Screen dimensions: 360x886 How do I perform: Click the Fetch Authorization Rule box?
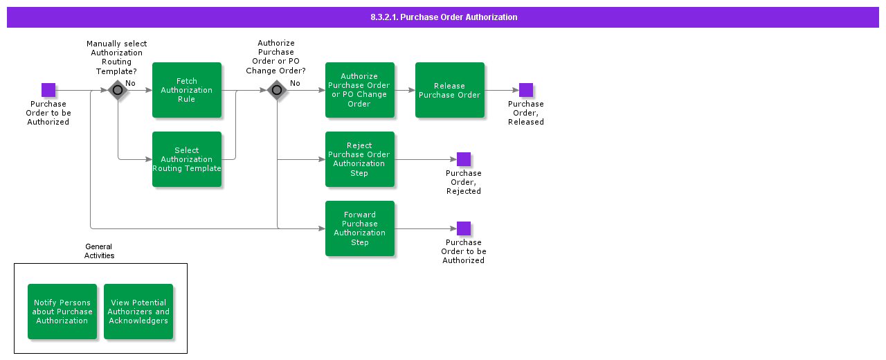point(187,90)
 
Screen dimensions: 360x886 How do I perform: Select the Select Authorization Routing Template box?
point(187,159)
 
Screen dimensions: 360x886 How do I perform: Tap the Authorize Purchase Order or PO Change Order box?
point(360,90)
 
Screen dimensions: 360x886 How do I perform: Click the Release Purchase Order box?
point(450,90)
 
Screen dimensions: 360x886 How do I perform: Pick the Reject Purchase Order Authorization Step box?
point(360,159)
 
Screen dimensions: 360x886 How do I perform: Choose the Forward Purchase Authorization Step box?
point(360,228)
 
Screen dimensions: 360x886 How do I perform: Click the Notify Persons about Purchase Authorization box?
point(62,312)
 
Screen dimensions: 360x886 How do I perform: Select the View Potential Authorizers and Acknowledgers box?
point(138,312)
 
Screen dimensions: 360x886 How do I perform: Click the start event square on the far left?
point(48,90)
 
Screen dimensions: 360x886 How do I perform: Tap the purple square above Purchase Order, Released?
point(526,90)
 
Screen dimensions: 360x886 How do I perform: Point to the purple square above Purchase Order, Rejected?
point(464,159)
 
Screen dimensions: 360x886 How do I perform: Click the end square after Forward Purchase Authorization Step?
point(464,228)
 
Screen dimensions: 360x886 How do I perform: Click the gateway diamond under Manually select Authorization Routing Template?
point(118,90)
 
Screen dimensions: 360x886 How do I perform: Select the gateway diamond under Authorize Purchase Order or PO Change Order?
point(277,90)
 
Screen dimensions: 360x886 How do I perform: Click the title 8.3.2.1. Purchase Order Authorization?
point(443,17)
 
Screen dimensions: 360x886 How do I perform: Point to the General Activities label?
point(99,251)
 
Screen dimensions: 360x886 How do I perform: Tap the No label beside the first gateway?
point(130,83)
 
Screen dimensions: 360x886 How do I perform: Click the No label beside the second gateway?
point(295,83)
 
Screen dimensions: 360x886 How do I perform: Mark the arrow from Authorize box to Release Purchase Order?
point(405,90)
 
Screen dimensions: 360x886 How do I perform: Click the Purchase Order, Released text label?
point(526,113)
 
